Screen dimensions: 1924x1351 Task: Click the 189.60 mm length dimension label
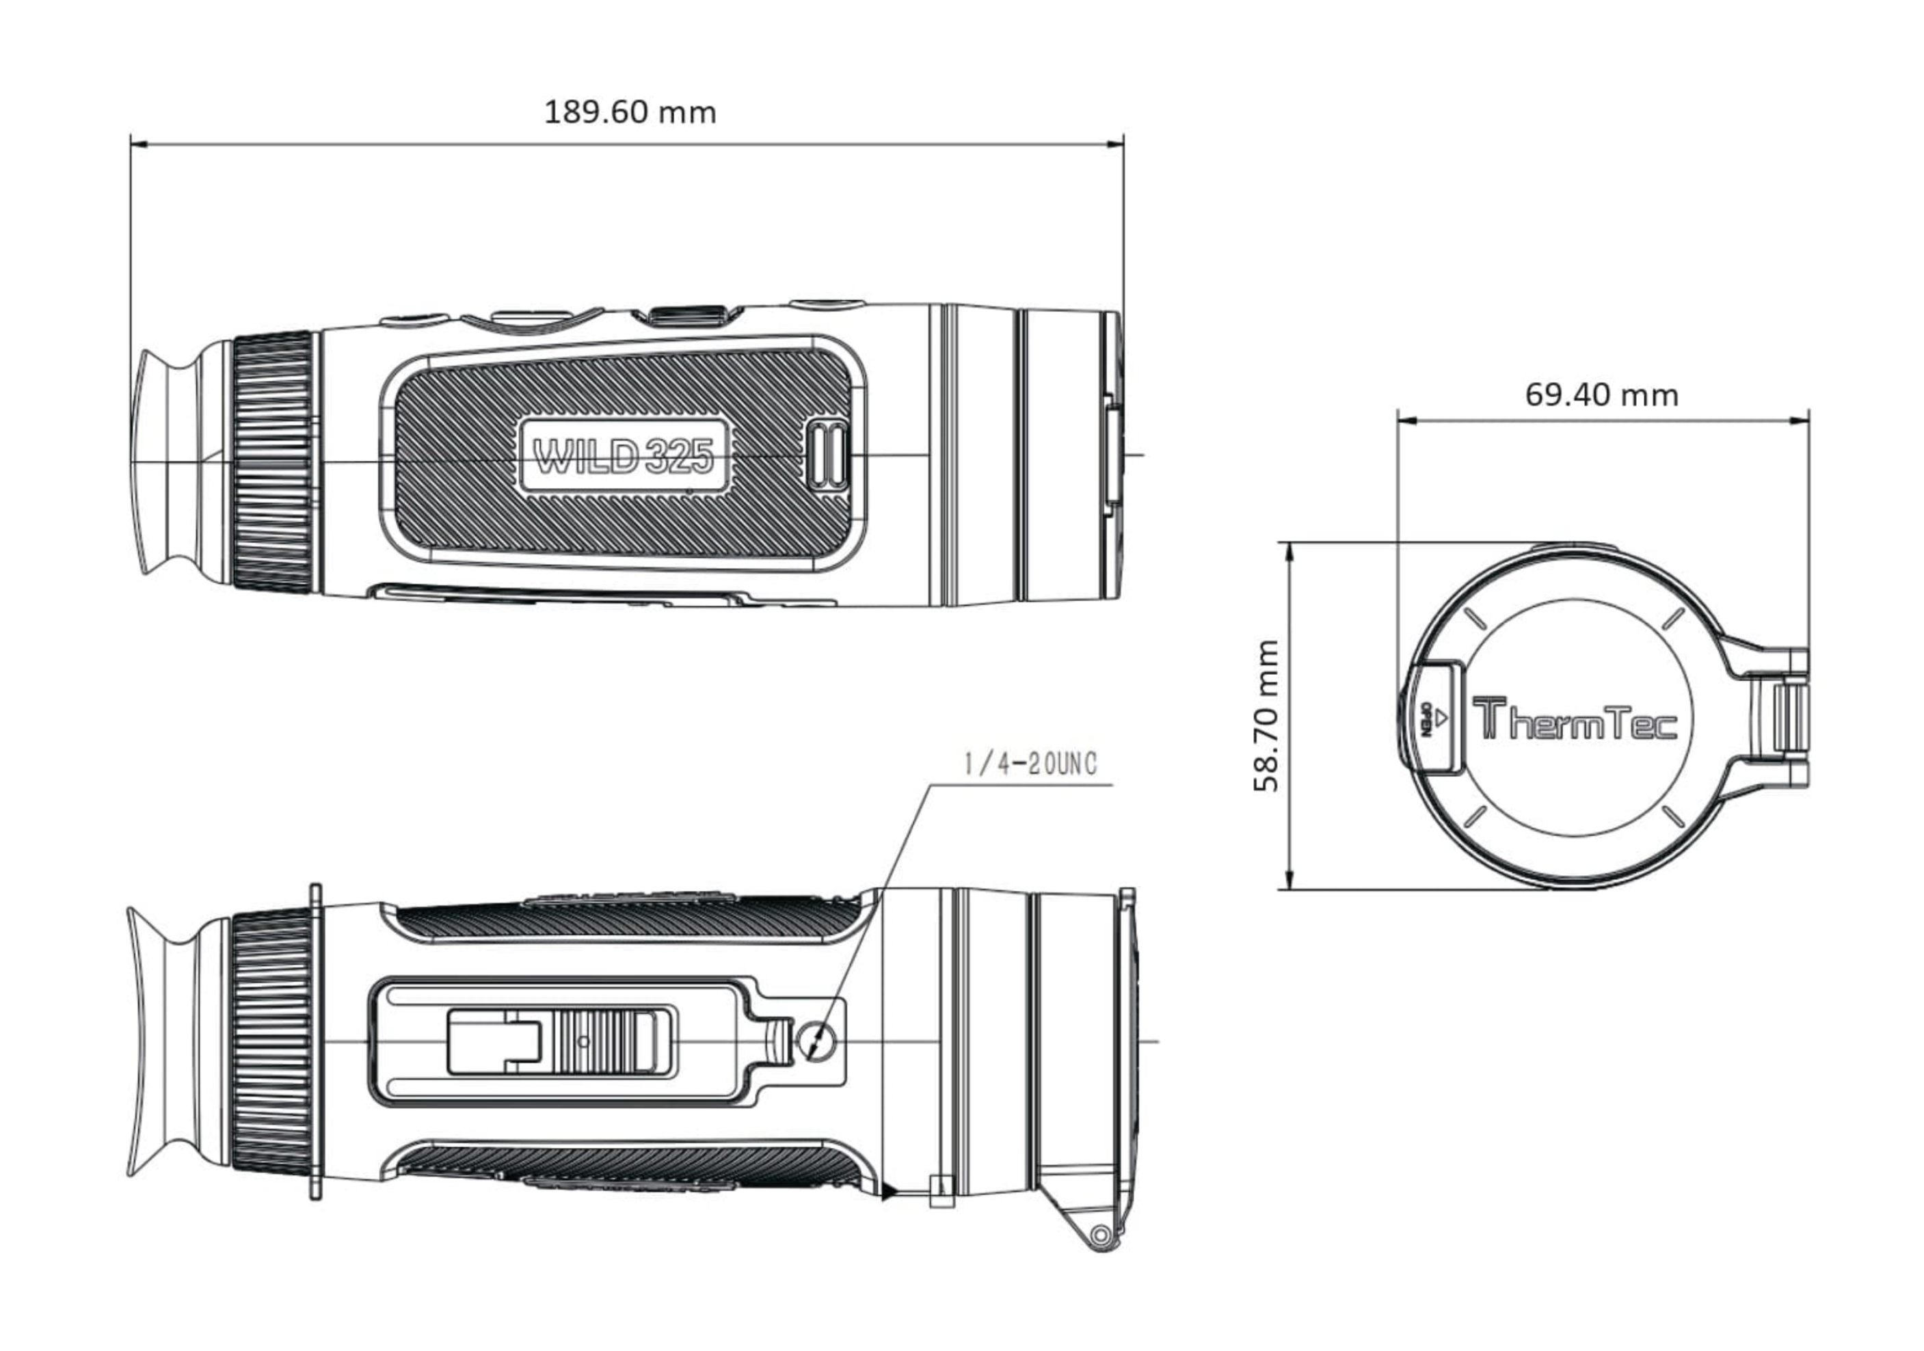[x=630, y=112]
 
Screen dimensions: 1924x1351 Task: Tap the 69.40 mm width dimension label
[x=1601, y=394]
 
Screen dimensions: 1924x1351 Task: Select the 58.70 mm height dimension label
[x=1266, y=715]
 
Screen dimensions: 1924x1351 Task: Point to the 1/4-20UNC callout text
[x=1030, y=764]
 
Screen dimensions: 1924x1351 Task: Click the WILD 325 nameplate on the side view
[x=624, y=457]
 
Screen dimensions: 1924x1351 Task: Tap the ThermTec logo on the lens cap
[x=1575, y=720]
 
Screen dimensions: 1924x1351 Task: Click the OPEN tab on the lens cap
[x=1433, y=717]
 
